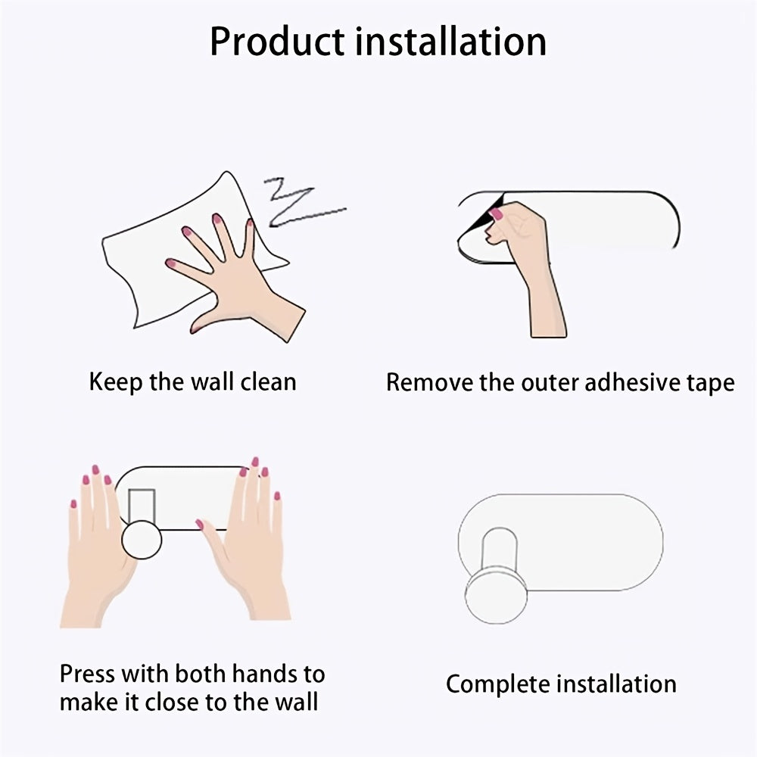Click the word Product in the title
tap(278, 42)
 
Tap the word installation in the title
tap(451, 42)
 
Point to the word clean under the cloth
tap(269, 382)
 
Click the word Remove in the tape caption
tap(430, 382)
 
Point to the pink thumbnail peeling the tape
tap(496, 214)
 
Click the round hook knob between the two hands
tap(142, 540)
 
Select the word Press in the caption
tap(87, 674)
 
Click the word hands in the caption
tap(260, 674)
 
